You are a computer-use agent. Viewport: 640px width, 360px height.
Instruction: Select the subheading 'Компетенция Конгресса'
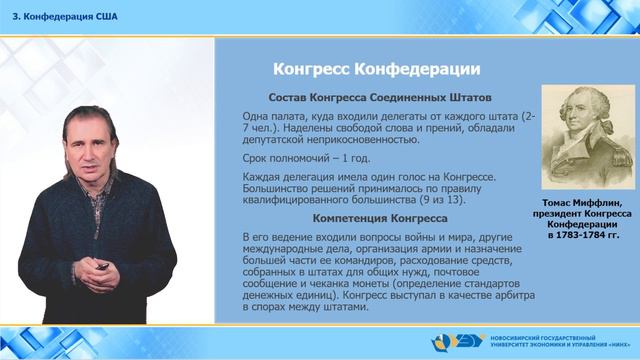coord(367,216)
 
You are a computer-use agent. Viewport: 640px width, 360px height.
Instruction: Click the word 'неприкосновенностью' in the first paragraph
coord(330,141)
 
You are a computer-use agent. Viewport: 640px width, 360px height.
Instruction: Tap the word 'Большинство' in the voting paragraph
coord(276,187)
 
